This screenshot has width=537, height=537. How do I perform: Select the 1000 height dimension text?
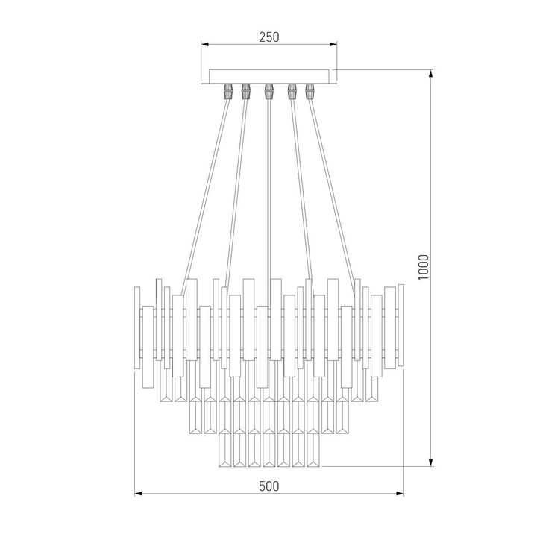pos(423,268)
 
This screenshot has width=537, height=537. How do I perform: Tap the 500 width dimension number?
pos(268,486)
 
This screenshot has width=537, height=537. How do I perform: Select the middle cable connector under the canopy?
pos(267,92)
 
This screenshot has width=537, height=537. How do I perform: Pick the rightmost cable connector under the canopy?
pos(311,92)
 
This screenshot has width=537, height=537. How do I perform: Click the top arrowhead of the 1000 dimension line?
pos(432,74)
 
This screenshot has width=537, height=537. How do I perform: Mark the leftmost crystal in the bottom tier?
pos(223,451)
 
